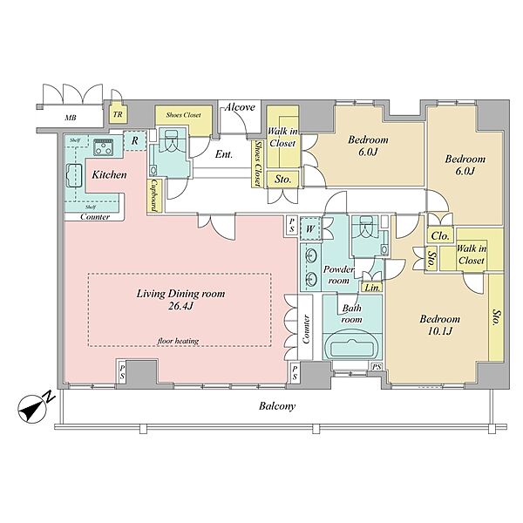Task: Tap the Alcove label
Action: [240, 107]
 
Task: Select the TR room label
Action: [118, 114]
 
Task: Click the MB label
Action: [71, 118]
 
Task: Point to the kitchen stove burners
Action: [103, 147]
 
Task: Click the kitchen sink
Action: [75, 176]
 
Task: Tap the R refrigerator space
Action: [135, 140]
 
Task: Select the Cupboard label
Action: [154, 196]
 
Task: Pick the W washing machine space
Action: [310, 228]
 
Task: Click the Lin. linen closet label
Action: [372, 288]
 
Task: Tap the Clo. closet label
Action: [440, 236]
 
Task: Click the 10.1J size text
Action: [440, 331]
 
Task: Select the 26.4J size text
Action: [180, 306]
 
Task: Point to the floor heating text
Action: [178, 341]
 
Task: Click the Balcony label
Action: [277, 406]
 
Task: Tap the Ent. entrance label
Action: [224, 154]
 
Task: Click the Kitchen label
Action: [110, 175]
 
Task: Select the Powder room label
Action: [338, 275]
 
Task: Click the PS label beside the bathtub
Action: [377, 367]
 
